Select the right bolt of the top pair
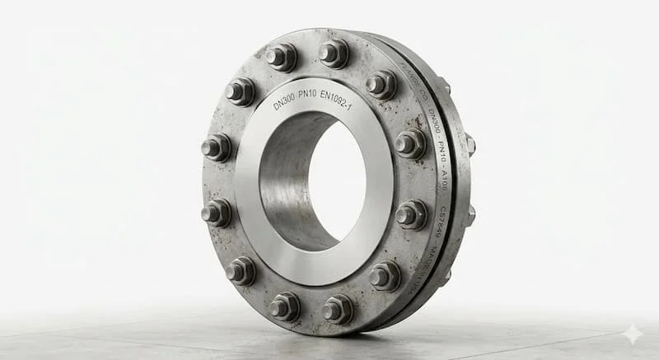coord(334,54)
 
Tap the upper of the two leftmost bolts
coord(217,148)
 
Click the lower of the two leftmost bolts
coord(217,213)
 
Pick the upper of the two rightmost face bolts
coord(409,145)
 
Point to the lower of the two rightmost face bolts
coord(409,216)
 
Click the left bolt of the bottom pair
coord(284,306)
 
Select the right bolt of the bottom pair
coord(337,310)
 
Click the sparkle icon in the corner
coord(632,334)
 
